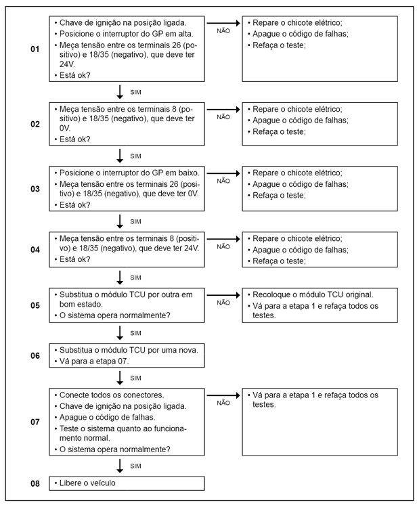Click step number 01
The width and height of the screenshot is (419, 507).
tap(35, 50)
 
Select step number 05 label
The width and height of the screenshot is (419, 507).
tap(35, 306)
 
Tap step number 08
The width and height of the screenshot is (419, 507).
tap(35, 483)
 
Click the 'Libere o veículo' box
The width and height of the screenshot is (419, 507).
tap(127, 483)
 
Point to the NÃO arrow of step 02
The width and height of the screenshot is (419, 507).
tap(223, 109)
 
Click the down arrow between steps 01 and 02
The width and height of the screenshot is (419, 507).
tap(120, 91)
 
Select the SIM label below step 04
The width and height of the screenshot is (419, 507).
tap(136, 278)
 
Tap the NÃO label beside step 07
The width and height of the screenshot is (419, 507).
tap(223, 402)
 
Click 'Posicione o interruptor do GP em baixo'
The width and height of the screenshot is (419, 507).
tap(129, 173)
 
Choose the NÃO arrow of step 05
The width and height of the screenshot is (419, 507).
tap(223, 296)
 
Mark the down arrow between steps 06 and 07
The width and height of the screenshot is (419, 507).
tap(120, 377)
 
